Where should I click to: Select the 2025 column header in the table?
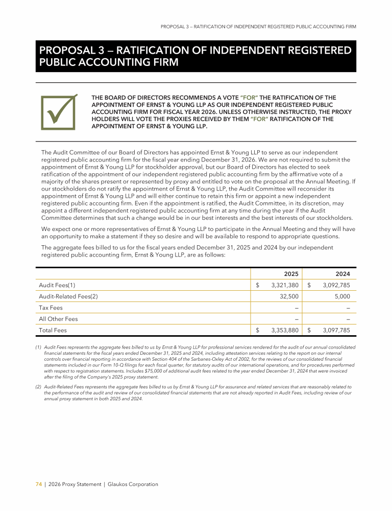[291, 274]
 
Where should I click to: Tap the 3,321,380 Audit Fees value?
[285, 285]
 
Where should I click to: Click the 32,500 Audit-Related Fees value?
[289, 296]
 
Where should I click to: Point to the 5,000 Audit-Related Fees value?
[342, 296]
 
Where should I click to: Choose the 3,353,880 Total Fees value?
[285, 331]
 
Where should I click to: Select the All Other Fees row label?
[58, 319]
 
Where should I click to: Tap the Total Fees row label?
[53, 331]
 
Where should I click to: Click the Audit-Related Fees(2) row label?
[68, 296]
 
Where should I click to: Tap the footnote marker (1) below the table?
[38, 347]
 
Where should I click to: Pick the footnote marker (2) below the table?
[38, 387]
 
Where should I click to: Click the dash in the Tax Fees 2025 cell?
[297, 308]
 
